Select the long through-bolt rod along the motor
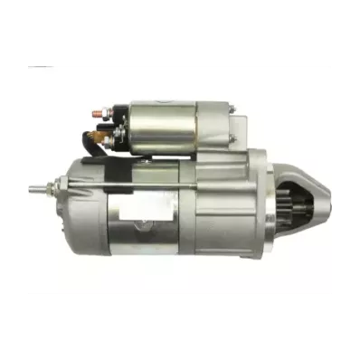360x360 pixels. (136, 188)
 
